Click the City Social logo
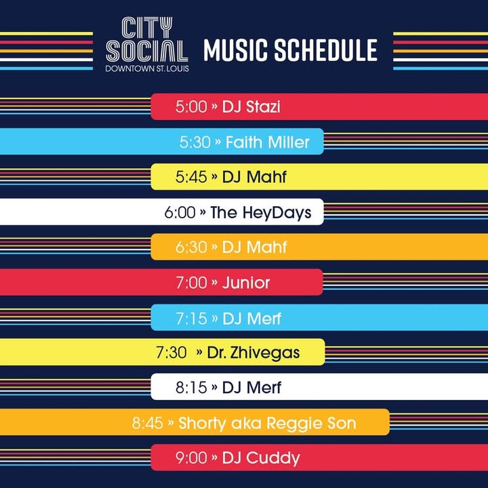coord(147,44)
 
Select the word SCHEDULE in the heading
coord(325,49)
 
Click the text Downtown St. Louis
coord(147,68)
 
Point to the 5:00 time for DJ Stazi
coord(191,106)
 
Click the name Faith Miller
coord(267,142)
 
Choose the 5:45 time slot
coord(191,177)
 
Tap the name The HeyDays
coord(261,213)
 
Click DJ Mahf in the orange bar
coord(254,247)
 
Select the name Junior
coord(246,283)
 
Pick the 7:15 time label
coord(191,319)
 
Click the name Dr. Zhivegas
coord(253,353)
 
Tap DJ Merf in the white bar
coord(251,388)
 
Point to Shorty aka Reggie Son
coord(267,423)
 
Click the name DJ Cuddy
coord(261,458)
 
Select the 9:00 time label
coord(191,457)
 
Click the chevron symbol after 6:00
coord(203,212)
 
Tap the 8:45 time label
coord(147,423)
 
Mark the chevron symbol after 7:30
coord(199,352)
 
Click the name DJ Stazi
coord(251,106)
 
